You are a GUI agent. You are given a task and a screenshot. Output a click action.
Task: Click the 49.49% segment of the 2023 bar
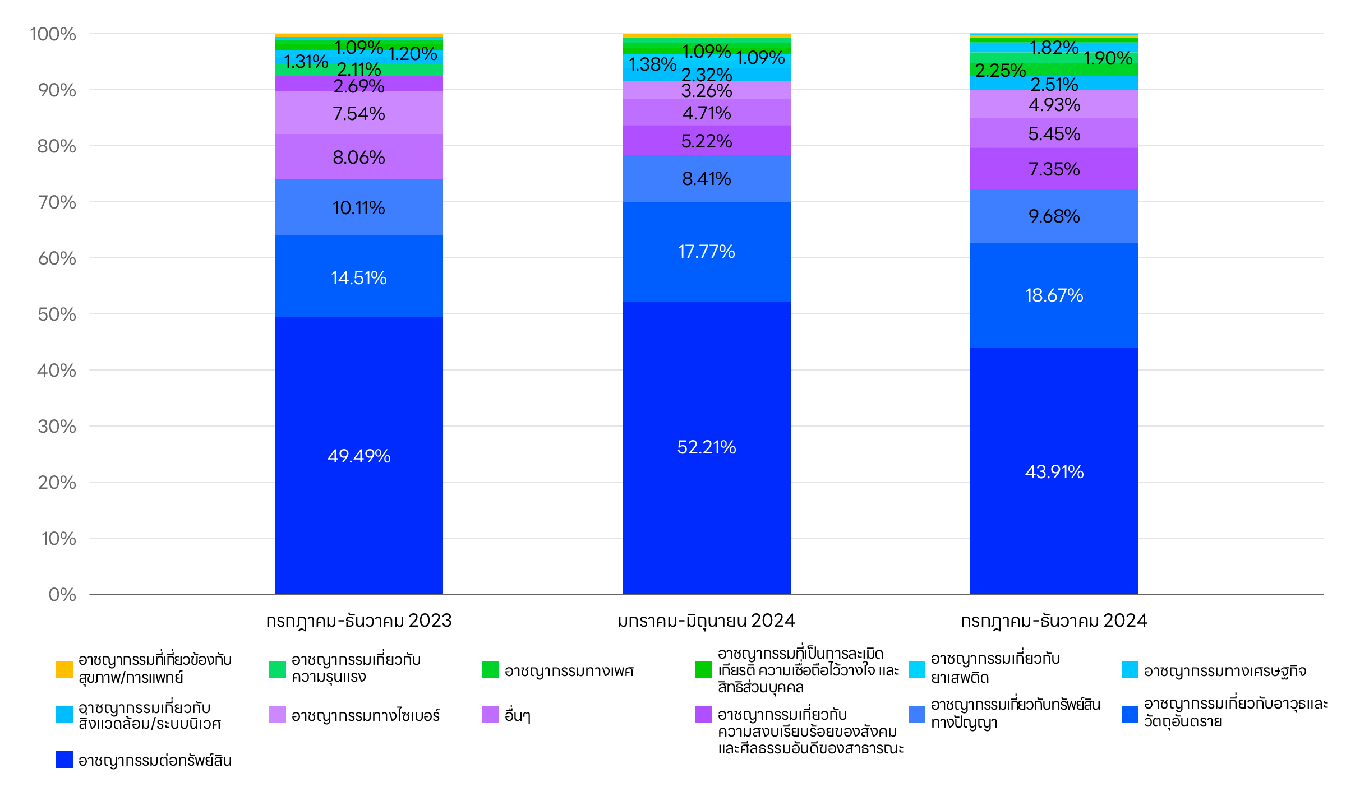[x=359, y=455]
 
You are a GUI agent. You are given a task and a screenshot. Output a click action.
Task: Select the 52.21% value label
[x=706, y=447]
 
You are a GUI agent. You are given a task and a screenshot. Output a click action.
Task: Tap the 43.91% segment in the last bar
[x=1054, y=471]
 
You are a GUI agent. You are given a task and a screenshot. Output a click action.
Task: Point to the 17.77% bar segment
[x=706, y=251]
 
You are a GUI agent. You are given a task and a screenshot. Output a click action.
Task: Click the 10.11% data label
[x=359, y=208]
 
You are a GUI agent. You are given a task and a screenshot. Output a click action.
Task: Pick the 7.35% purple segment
[x=1054, y=169]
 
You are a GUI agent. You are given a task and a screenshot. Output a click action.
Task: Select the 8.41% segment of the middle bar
[x=706, y=178]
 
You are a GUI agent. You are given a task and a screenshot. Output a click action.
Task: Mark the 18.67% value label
[x=1054, y=295]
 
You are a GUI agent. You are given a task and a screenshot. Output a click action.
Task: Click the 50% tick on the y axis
[x=57, y=314]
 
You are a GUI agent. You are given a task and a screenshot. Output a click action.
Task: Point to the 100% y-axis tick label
[x=53, y=34]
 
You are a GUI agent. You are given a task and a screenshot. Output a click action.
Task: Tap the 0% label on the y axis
[x=62, y=594]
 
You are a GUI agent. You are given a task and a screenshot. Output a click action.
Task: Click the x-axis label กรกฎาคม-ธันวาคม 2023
[x=359, y=621]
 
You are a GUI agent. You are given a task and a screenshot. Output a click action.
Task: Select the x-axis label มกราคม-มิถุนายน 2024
[x=706, y=621]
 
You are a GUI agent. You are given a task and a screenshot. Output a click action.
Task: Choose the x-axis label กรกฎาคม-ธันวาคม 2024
[x=1054, y=621]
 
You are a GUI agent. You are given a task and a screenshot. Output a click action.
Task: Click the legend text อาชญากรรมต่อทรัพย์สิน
[x=155, y=760]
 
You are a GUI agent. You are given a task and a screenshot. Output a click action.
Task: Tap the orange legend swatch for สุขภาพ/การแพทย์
[x=64, y=670]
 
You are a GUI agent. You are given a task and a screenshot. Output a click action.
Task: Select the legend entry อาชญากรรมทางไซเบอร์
[x=365, y=715]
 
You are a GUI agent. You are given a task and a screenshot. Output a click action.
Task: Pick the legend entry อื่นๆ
[x=517, y=715]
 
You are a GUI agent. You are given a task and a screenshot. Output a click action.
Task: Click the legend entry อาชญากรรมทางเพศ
[x=569, y=670]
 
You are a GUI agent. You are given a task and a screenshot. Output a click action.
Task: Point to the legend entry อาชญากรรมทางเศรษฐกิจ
[x=1225, y=670]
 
